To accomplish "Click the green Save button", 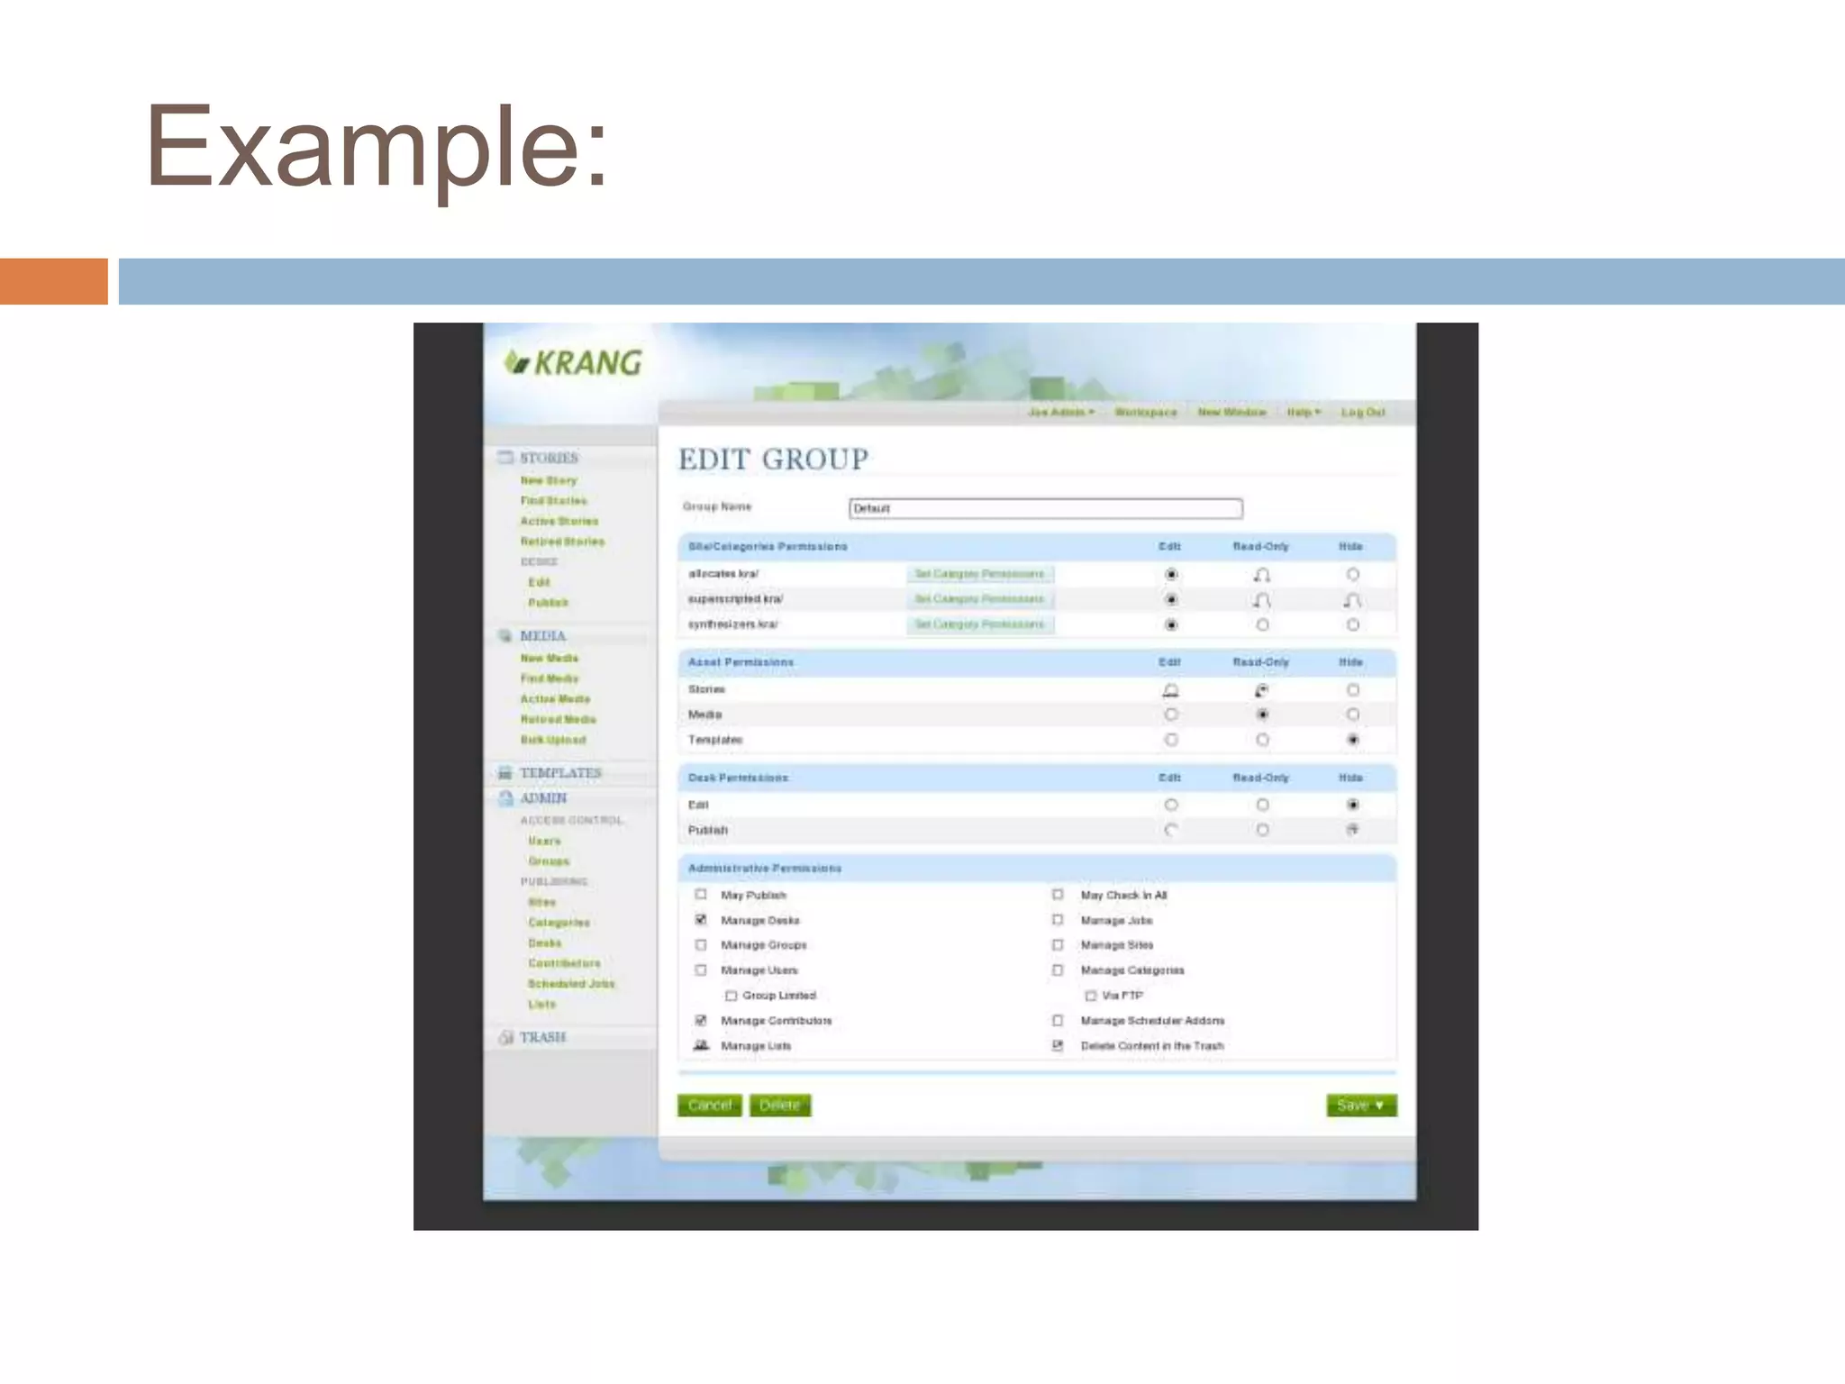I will [x=1360, y=1105].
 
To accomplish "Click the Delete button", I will [x=780, y=1105].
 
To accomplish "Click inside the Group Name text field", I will [x=1045, y=509].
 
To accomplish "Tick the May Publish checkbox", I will [x=701, y=895].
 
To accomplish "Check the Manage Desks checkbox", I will [x=701, y=920].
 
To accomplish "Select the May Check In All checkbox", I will [x=1058, y=895].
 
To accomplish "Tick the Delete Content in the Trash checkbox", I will [x=1058, y=1046].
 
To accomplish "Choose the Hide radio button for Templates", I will [x=1352, y=740].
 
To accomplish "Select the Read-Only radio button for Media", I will [x=1262, y=715].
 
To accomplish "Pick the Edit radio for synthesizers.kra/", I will [x=1170, y=624].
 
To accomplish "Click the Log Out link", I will [x=1362, y=413].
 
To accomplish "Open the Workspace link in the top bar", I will [x=1145, y=413].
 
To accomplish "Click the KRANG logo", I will [x=574, y=363].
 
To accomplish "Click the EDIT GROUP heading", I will [x=773, y=460].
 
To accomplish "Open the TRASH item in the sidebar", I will [x=542, y=1037].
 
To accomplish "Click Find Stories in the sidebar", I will [x=553, y=501].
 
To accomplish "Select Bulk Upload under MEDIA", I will [x=553, y=740].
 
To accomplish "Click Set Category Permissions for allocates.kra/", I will [x=979, y=574].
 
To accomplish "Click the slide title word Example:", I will [x=377, y=147].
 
